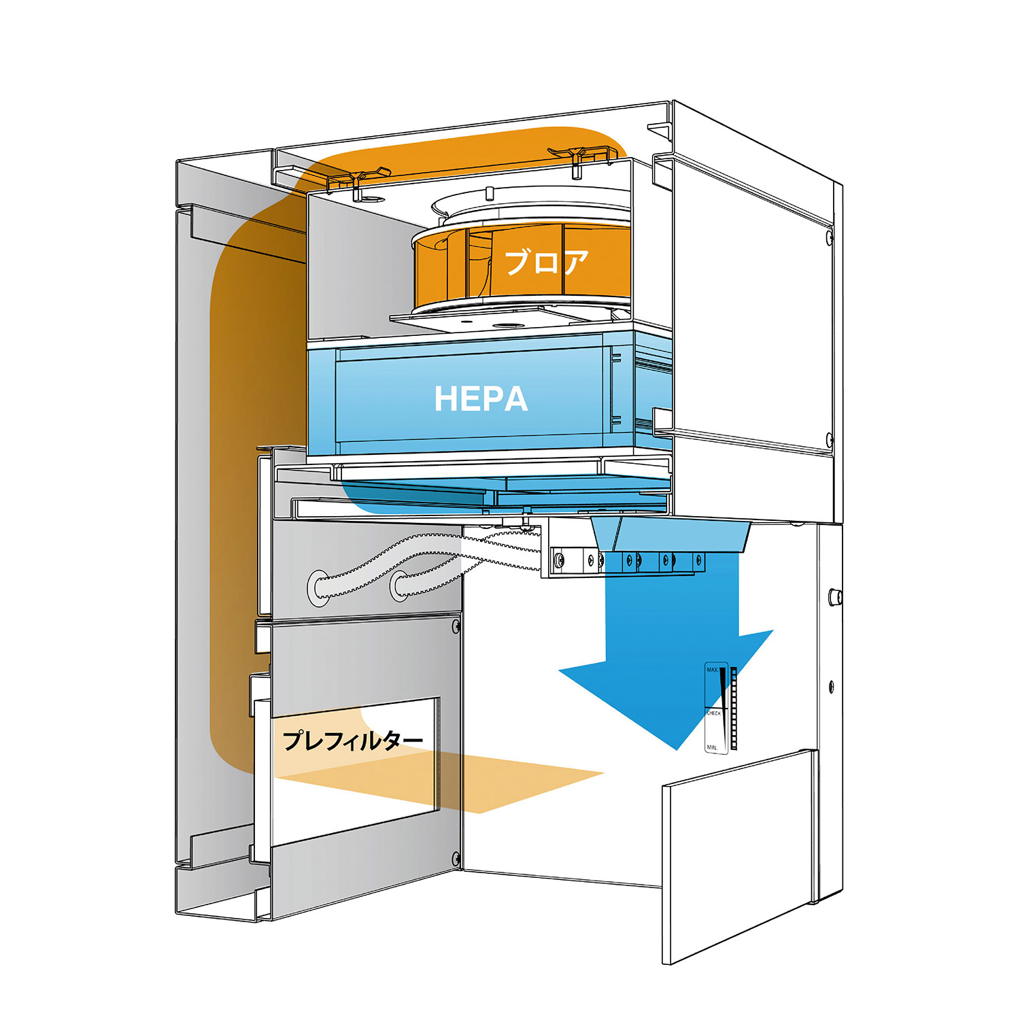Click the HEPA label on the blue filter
click(481, 398)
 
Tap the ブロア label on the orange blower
click(546, 262)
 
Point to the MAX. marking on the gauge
click(712, 670)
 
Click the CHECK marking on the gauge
click(713, 713)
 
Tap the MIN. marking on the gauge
click(712, 747)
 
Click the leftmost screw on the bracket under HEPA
click(559, 560)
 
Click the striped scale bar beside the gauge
click(733, 707)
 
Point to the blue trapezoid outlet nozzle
click(670, 534)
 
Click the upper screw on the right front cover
click(829, 237)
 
